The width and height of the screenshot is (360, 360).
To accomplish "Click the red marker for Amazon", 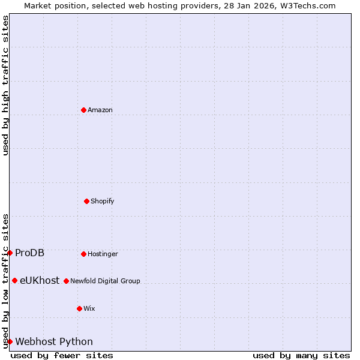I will (x=83, y=110).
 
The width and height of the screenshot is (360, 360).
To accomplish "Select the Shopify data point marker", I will (x=86, y=201).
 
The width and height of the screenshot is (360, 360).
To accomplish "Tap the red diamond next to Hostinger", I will (x=83, y=254).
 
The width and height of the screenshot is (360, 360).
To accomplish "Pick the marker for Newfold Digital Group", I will (x=66, y=281).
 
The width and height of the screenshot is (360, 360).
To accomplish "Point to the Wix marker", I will (x=79, y=308).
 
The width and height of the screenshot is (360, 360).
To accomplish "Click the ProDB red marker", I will (x=10, y=253).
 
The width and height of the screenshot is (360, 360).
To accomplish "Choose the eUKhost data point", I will (x=14, y=280).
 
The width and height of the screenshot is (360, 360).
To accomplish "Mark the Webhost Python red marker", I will (x=10, y=341).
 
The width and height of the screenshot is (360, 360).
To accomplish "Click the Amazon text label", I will (x=100, y=110).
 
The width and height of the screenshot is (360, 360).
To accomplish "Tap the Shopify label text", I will (x=103, y=201).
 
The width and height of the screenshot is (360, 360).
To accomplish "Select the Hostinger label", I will (x=103, y=254).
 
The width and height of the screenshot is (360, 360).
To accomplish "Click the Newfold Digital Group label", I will (x=105, y=281).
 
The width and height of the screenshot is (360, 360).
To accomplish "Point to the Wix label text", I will (x=89, y=308).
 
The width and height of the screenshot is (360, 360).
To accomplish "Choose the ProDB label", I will (x=29, y=253).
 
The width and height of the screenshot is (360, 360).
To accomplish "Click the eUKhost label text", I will (x=40, y=280).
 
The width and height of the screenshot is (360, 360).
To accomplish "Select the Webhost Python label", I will (x=54, y=341).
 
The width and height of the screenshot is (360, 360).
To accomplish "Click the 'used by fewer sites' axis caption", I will (x=62, y=355).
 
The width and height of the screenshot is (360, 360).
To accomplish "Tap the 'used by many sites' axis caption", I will (x=301, y=355).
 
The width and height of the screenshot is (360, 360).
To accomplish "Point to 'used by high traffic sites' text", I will (x=5, y=85).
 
